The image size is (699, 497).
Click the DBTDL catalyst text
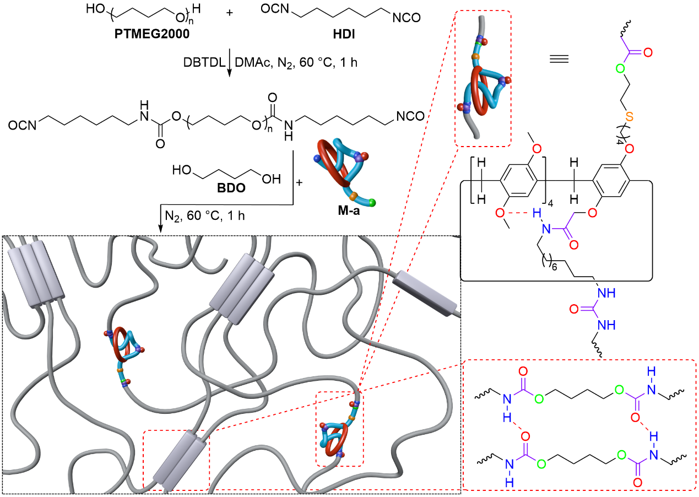point(204,63)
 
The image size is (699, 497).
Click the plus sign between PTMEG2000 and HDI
point(229,12)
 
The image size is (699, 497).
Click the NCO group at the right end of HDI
point(406,19)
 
